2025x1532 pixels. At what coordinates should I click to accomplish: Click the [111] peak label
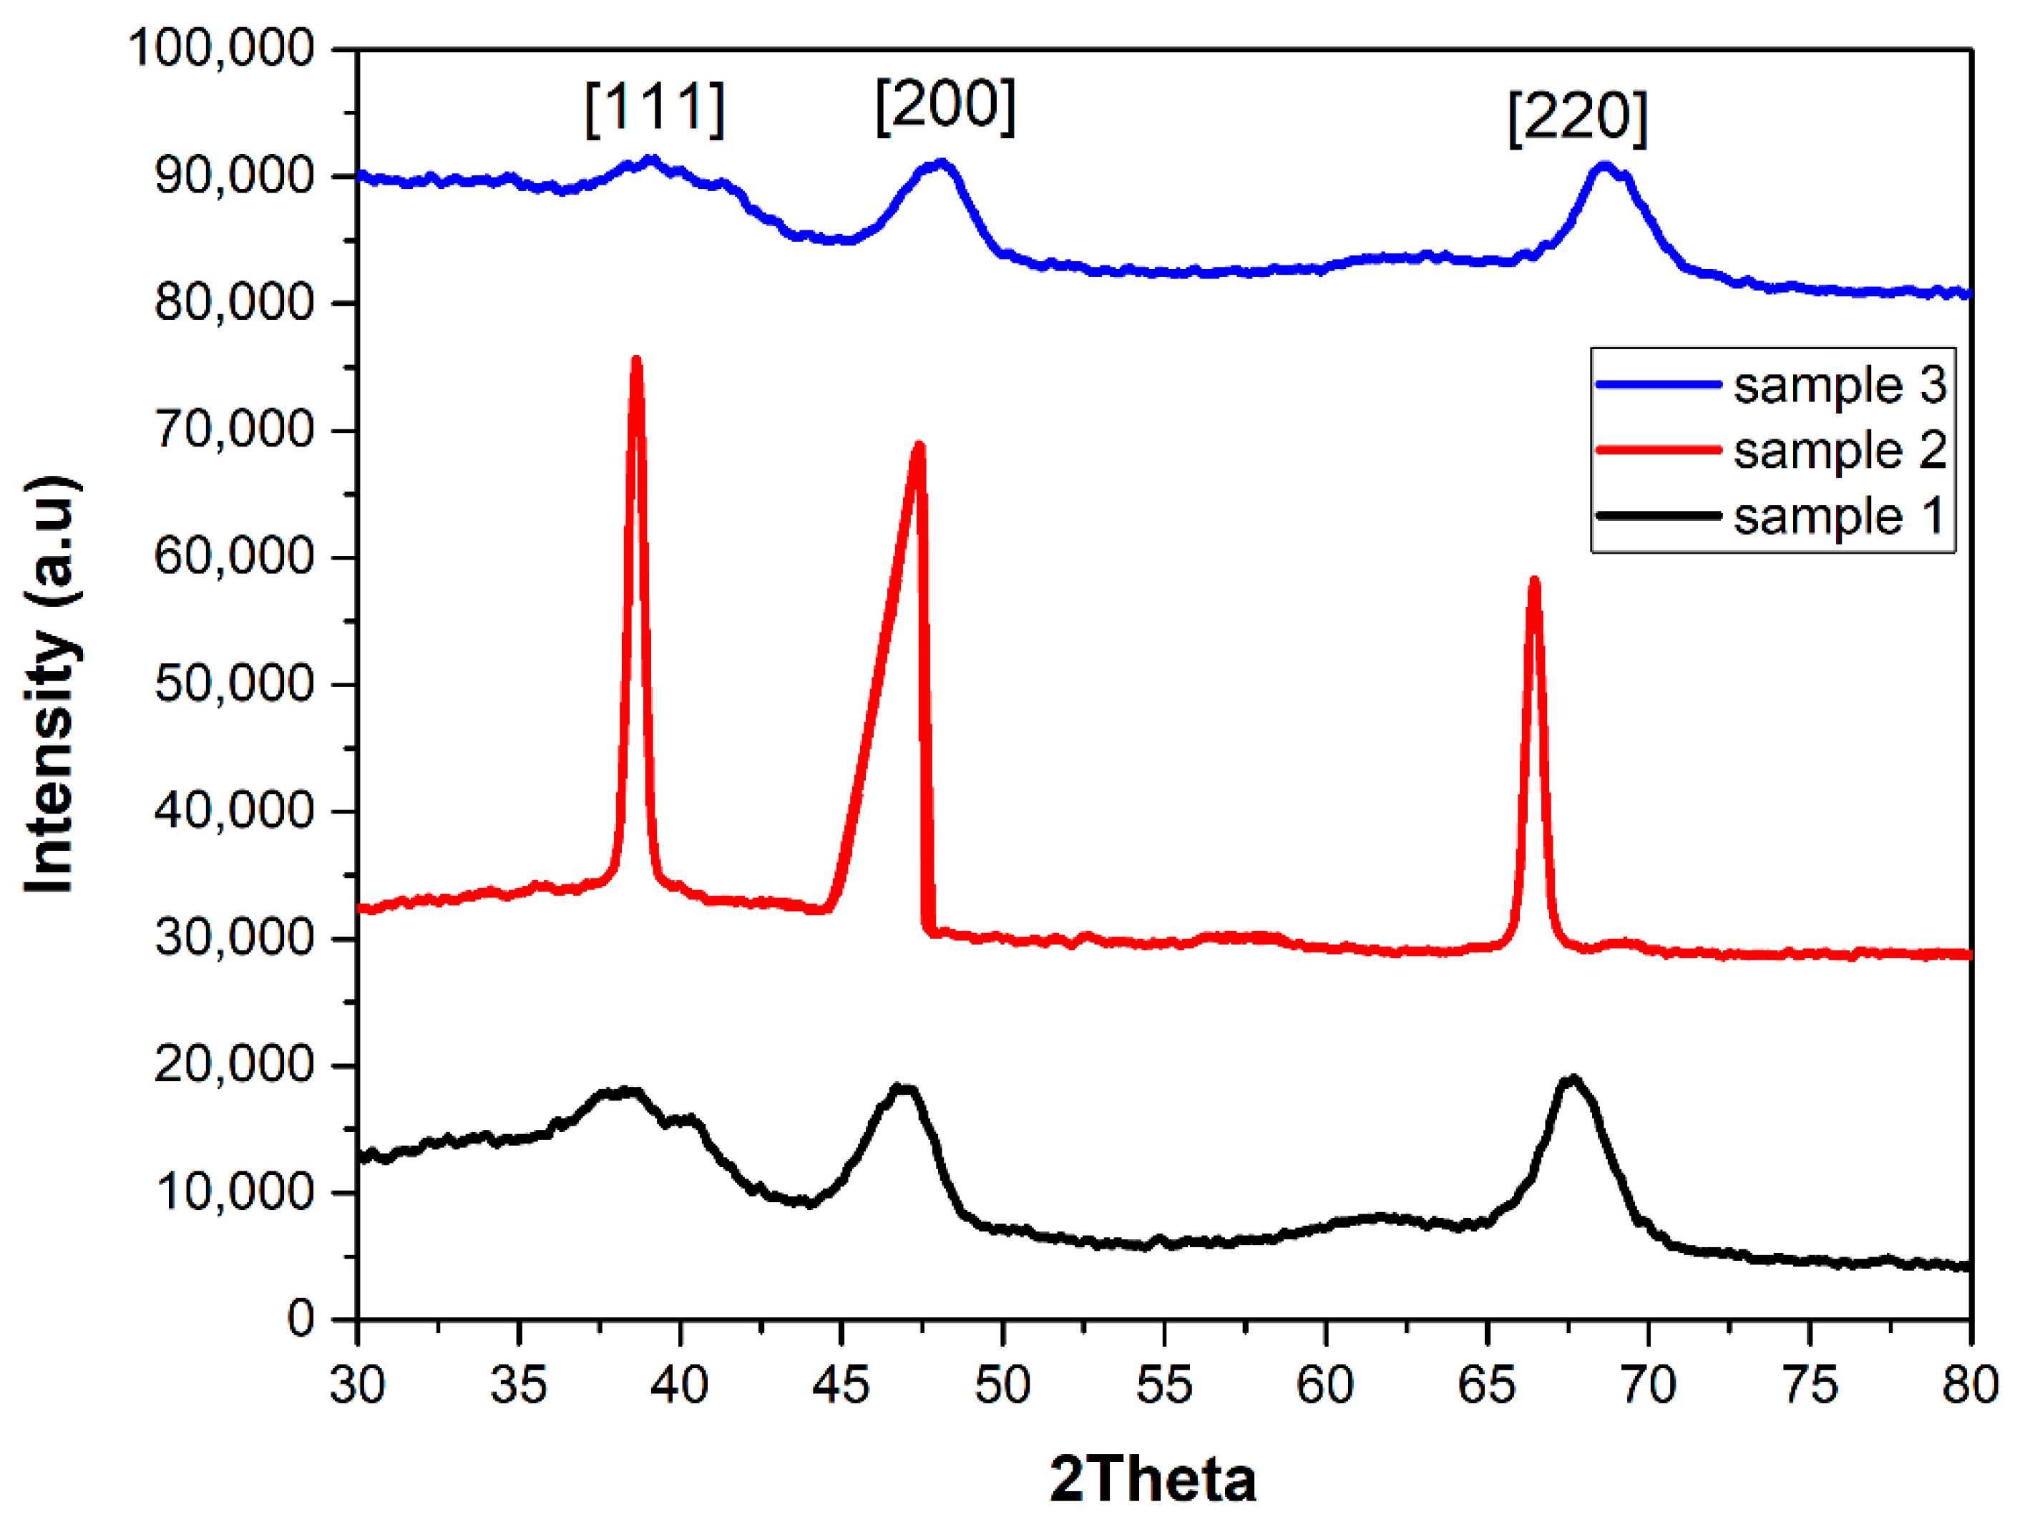[655, 108]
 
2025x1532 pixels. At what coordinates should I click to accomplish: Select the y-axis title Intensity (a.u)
[52, 684]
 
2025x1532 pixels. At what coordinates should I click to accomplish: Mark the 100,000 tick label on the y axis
[222, 48]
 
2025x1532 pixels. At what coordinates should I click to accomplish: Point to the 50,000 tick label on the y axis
[235, 684]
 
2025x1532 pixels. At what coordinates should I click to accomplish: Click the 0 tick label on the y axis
[301, 1319]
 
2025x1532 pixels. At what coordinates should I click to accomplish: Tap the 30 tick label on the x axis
[358, 1385]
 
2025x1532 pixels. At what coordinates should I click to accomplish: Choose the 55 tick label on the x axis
[1164, 1385]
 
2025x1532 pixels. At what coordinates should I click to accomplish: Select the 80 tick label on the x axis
[1970, 1385]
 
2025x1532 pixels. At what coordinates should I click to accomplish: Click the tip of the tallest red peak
[636, 360]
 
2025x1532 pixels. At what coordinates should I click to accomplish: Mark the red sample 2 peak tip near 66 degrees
[1534, 580]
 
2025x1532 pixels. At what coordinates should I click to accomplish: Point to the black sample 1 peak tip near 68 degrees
[1573, 1079]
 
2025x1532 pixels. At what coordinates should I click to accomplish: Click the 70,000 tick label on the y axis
[235, 429]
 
